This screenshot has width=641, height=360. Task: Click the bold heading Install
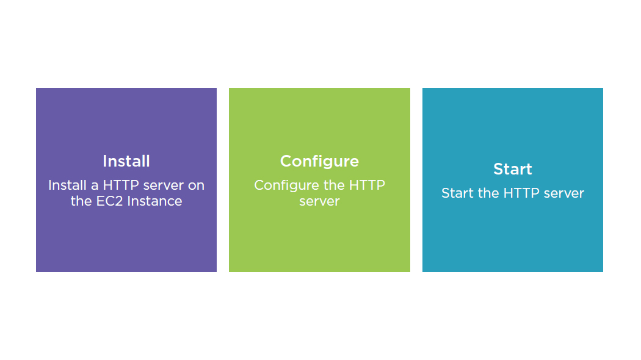click(126, 161)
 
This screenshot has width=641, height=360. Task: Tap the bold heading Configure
click(319, 162)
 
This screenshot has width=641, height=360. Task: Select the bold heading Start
click(513, 169)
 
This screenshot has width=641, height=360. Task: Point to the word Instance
click(154, 201)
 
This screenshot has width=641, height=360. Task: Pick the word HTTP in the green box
click(367, 185)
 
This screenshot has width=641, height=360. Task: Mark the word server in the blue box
click(564, 193)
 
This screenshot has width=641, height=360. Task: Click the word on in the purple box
click(196, 186)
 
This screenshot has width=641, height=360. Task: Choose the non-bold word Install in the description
click(67, 185)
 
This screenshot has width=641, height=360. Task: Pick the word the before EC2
click(81, 201)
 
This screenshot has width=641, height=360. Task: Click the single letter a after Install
click(95, 186)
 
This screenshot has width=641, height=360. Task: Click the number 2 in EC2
click(119, 201)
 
